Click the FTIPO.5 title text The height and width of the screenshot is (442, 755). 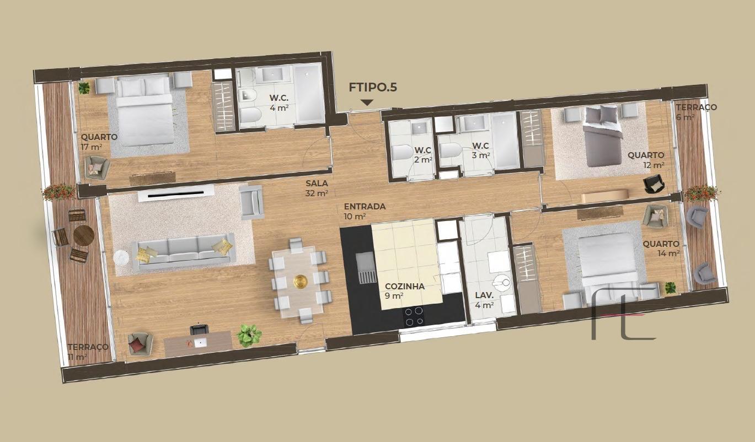tap(373, 87)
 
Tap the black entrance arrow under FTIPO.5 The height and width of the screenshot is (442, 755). tap(367, 103)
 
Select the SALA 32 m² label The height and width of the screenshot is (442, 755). tap(317, 188)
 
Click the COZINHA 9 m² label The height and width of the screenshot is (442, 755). tap(404, 291)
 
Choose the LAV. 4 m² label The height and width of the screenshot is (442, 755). tap(484, 300)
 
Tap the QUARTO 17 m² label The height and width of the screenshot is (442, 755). tap(99, 142)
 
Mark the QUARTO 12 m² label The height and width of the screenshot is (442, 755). tap(646, 160)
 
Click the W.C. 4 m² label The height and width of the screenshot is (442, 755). tap(279, 103)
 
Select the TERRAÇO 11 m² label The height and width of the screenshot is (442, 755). tap(88, 352)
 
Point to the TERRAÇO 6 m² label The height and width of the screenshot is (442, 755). tap(697, 112)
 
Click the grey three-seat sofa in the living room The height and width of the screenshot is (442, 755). tap(184, 251)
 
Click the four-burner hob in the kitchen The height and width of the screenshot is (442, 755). tap(414, 316)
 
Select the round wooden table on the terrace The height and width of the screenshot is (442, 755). tap(83, 235)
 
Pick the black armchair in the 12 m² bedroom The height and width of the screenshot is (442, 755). tap(654, 185)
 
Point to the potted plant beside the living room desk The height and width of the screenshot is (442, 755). tap(249, 335)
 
